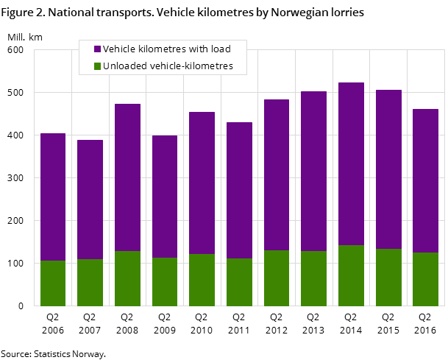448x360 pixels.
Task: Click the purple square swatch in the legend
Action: pyautogui.click(x=97, y=49)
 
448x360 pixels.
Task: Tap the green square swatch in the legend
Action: pyautogui.click(x=97, y=66)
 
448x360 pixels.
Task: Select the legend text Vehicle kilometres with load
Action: pyautogui.click(x=166, y=49)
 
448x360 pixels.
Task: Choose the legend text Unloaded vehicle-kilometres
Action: pyautogui.click(x=168, y=66)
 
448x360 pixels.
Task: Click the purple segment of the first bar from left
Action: pyautogui.click(x=53, y=197)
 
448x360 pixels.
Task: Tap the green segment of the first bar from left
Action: pyautogui.click(x=53, y=283)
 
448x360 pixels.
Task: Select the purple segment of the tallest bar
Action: pyautogui.click(x=351, y=163)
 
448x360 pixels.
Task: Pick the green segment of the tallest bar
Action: pyautogui.click(x=351, y=275)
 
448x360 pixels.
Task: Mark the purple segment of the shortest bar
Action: pyautogui.click(x=90, y=199)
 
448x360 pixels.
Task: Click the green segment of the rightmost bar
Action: pyautogui.click(x=425, y=279)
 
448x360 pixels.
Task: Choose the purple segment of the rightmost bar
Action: pyautogui.click(x=425, y=180)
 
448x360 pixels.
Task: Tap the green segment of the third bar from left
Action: pyautogui.click(x=127, y=278)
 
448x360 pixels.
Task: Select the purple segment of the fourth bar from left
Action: pyautogui.click(x=165, y=197)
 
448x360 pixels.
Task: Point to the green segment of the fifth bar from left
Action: pyautogui.click(x=202, y=280)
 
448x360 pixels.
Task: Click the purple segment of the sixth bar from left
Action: pyautogui.click(x=239, y=190)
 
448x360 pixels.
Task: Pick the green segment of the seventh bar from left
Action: pyautogui.click(x=277, y=278)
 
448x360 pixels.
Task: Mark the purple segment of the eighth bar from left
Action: pyautogui.click(x=313, y=171)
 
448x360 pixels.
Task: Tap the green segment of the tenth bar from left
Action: pyautogui.click(x=388, y=277)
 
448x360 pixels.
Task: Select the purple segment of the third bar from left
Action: pyautogui.click(x=127, y=177)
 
